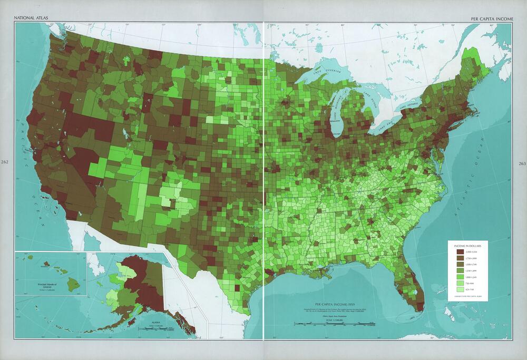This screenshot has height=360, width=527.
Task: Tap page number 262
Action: click(x=5, y=162)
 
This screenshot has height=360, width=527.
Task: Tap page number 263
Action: click(x=522, y=163)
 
